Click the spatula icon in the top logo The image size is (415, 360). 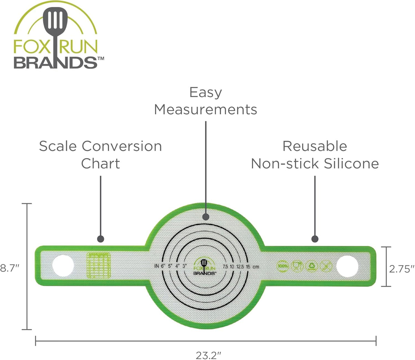55,26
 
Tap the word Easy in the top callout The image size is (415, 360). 205,93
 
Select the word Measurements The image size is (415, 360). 205,110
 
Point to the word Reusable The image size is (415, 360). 315,146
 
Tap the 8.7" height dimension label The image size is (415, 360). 9,268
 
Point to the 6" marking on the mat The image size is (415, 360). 163,266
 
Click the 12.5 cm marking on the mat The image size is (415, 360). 240,266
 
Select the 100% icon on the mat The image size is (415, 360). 283,266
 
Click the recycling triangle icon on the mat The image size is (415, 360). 312,266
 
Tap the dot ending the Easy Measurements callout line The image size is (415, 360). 206,217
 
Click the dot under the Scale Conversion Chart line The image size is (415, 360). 101,239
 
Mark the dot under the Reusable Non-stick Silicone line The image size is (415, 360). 315,239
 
